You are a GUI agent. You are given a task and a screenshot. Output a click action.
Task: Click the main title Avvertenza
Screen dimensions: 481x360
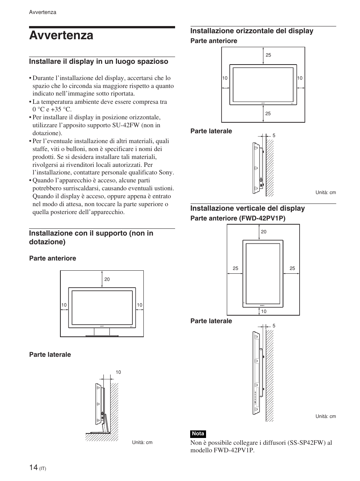coord(61,35)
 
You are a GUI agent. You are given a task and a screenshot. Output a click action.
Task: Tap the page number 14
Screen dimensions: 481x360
coord(33,467)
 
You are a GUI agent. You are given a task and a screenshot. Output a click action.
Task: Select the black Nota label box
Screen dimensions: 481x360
coord(198,434)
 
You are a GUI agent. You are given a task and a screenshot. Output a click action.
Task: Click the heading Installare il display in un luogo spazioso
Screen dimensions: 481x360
coord(98,62)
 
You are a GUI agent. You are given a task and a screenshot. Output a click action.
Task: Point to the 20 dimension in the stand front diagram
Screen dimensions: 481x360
coord(107,279)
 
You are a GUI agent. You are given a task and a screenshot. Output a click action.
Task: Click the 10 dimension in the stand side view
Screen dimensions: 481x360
coord(118,372)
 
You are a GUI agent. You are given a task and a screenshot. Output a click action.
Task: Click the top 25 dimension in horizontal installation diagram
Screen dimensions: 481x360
coord(268,55)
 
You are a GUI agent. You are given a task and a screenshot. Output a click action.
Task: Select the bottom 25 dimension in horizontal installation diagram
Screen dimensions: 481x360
coord(268,114)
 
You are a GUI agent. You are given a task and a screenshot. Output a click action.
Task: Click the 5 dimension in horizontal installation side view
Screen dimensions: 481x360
coord(274,136)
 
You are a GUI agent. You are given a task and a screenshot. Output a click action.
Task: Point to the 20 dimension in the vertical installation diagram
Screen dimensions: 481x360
coord(263,232)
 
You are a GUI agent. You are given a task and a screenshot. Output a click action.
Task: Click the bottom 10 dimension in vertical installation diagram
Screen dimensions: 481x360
coord(263,311)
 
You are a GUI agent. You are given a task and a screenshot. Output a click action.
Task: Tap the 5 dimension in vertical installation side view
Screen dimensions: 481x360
coord(274,326)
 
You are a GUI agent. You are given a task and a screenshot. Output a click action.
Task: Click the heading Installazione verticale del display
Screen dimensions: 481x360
coord(247,208)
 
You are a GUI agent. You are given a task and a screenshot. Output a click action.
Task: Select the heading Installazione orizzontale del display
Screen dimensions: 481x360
coord(252,31)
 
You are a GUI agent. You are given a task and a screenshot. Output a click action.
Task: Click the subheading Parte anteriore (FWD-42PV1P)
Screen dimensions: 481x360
coord(238,219)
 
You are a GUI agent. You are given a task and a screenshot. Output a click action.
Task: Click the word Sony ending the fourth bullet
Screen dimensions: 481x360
coord(166,173)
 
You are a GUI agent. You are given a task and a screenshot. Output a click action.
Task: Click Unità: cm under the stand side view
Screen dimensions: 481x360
coord(142,442)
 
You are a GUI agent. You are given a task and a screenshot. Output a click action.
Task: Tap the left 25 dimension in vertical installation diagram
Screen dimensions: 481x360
coord(235,268)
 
